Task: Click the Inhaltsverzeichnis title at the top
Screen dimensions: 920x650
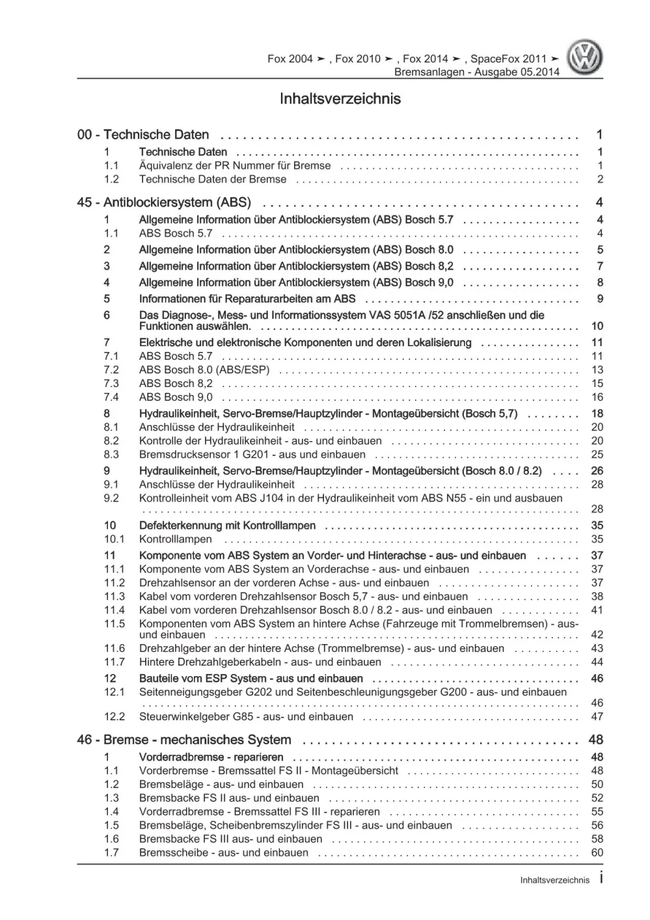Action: (x=340, y=99)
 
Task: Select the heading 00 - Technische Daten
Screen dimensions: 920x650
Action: (x=143, y=135)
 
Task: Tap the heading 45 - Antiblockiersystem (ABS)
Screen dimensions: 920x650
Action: (x=163, y=202)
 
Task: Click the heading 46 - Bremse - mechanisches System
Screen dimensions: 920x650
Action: (x=184, y=740)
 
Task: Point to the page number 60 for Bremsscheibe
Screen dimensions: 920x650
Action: (x=597, y=852)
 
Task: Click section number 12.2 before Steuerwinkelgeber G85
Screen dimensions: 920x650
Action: (x=114, y=716)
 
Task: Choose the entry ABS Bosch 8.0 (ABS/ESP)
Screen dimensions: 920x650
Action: (x=204, y=370)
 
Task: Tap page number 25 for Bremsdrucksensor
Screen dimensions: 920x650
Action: (x=597, y=454)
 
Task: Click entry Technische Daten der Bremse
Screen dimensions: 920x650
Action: (x=212, y=179)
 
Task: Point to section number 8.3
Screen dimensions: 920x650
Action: (x=111, y=454)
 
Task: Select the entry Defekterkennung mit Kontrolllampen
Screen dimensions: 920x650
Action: (x=227, y=525)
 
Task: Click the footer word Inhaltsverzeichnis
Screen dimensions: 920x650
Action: (x=554, y=880)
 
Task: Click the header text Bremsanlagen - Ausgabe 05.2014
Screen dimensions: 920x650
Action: (x=476, y=72)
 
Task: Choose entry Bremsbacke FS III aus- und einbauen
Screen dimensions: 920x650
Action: (x=230, y=839)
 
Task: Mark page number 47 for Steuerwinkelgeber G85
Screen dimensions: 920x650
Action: (x=597, y=716)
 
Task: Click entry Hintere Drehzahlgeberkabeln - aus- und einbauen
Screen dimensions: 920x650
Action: (x=260, y=662)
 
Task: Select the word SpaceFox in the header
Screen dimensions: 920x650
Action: (x=493, y=59)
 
